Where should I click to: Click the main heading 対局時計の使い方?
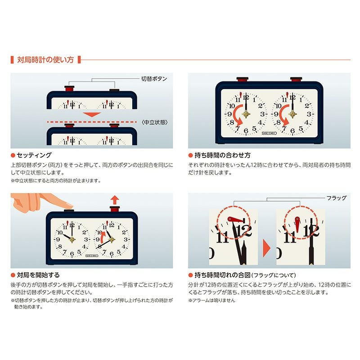click(45, 60)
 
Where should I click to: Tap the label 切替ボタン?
click(154, 79)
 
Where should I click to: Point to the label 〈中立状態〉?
click(155, 122)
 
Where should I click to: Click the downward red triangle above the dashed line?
click(92, 115)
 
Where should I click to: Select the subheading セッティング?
click(34, 155)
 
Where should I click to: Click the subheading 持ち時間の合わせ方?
click(222, 155)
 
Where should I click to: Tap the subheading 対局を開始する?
click(38, 275)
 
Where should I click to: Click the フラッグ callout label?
click(336, 198)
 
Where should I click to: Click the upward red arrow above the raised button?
click(115, 200)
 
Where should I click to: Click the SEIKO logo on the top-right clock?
click(269, 133)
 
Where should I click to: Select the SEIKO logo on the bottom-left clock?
click(92, 256)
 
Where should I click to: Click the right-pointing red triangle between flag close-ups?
click(266, 248)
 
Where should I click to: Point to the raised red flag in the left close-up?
click(235, 220)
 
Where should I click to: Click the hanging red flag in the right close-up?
click(297, 224)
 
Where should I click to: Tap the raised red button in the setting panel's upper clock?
click(69, 88)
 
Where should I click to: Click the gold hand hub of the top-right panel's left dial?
click(246, 114)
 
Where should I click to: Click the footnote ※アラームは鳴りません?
click(211, 300)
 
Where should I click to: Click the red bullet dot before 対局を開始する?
click(13, 275)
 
